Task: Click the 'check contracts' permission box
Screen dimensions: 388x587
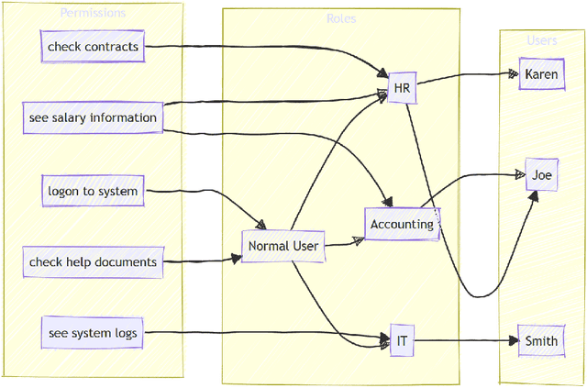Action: click(93, 47)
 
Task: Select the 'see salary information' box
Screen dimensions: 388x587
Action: click(92, 118)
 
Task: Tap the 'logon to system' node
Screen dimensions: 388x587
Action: click(93, 192)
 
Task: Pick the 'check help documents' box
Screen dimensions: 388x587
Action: click(93, 262)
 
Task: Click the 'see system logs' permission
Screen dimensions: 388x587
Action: click(93, 333)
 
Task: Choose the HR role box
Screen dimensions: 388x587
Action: click(402, 88)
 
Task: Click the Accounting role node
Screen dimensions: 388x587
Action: click(402, 224)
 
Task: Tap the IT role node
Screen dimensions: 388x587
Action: click(402, 340)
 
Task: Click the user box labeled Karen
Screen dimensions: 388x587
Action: click(540, 74)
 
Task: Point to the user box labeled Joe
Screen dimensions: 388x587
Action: click(540, 174)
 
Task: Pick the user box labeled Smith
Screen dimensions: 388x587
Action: click(540, 341)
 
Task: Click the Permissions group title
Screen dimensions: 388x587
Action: click(93, 13)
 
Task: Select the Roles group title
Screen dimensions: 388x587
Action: click(341, 18)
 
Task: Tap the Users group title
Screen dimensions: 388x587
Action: click(541, 40)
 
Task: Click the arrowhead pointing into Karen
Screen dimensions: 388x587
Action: click(513, 74)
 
